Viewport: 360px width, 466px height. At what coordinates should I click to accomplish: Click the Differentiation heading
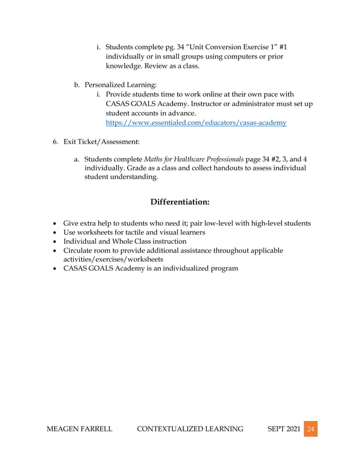(180, 201)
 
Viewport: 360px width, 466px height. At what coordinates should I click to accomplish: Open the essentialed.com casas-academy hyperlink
(196, 122)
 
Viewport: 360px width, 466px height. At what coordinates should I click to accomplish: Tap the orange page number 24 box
(310, 429)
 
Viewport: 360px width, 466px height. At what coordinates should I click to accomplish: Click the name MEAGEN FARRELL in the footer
(79, 429)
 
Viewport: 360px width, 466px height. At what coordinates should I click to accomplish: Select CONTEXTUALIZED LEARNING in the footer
(190, 429)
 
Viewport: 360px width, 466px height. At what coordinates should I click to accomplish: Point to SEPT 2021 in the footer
(282, 429)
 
